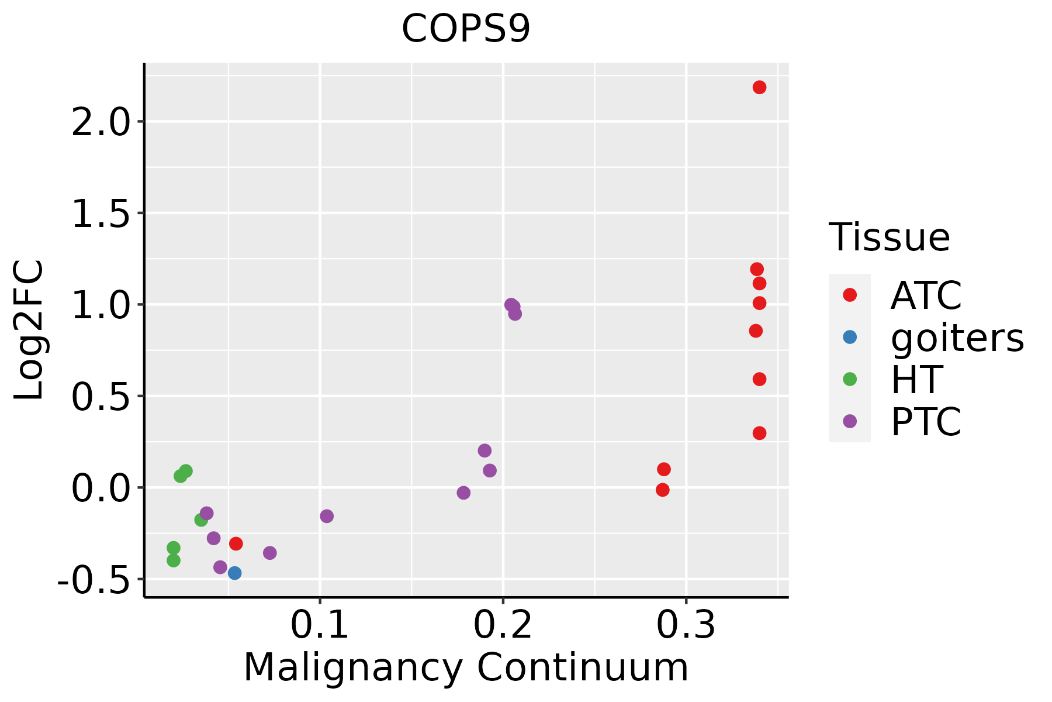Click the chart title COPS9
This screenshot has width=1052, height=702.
click(466, 29)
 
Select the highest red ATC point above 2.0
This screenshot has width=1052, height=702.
click(759, 87)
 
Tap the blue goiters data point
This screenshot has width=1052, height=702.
click(234, 573)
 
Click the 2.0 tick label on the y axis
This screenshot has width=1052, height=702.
click(99, 122)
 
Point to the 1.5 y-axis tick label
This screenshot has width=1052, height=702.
click(99, 214)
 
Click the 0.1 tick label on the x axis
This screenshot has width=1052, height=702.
click(319, 625)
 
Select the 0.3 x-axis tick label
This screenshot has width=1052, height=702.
click(686, 625)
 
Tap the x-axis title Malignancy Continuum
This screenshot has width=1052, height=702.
click(466, 667)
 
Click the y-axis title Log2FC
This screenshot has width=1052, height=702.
click(29, 330)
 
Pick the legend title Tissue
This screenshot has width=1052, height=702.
click(889, 238)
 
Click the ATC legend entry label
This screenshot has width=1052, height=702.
click(926, 295)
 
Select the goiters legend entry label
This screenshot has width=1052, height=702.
click(957, 338)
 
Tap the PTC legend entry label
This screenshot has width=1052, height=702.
click(926, 421)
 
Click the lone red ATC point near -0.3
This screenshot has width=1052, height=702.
click(236, 543)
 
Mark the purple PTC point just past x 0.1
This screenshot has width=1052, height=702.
click(327, 516)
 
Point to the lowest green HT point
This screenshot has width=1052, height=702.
click(174, 560)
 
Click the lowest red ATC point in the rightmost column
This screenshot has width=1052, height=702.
click(759, 433)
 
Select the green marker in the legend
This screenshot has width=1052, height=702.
click(850, 379)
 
